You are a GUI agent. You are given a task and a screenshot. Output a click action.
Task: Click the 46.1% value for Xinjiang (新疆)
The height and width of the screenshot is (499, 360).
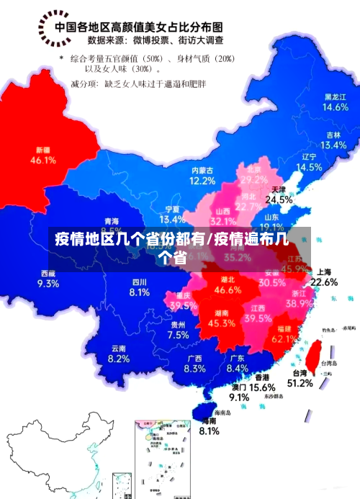(43, 161)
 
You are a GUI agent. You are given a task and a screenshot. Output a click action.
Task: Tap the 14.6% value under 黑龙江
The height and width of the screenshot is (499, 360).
(335, 107)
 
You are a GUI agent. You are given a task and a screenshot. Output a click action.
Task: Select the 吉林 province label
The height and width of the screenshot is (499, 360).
(333, 135)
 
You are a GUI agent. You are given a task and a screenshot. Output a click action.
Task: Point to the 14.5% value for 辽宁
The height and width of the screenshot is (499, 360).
(310, 166)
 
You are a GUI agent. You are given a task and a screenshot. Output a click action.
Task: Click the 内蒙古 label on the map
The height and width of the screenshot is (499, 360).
(202, 171)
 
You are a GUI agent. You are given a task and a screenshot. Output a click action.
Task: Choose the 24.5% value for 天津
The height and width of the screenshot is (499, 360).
(279, 199)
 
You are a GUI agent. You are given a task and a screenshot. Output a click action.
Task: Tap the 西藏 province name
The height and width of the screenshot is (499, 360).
(48, 273)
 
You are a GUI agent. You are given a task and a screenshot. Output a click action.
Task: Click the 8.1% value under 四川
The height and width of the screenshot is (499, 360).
(139, 292)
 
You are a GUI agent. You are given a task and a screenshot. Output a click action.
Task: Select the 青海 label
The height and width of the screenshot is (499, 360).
(112, 221)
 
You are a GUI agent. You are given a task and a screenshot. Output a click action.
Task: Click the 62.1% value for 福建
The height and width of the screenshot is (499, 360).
(286, 338)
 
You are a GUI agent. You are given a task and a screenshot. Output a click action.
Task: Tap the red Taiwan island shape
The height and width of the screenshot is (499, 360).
(314, 353)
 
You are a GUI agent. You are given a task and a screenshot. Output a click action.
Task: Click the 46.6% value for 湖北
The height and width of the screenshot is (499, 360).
(228, 290)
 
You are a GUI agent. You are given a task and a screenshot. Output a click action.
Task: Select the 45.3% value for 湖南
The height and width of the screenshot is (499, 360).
(221, 323)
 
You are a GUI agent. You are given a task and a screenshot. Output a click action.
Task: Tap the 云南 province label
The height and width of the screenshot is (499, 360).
(118, 349)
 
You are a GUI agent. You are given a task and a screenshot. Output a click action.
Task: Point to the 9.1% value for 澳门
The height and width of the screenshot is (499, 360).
(239, 397)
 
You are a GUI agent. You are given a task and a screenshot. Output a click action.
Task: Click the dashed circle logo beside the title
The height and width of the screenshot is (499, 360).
(53, 30)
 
